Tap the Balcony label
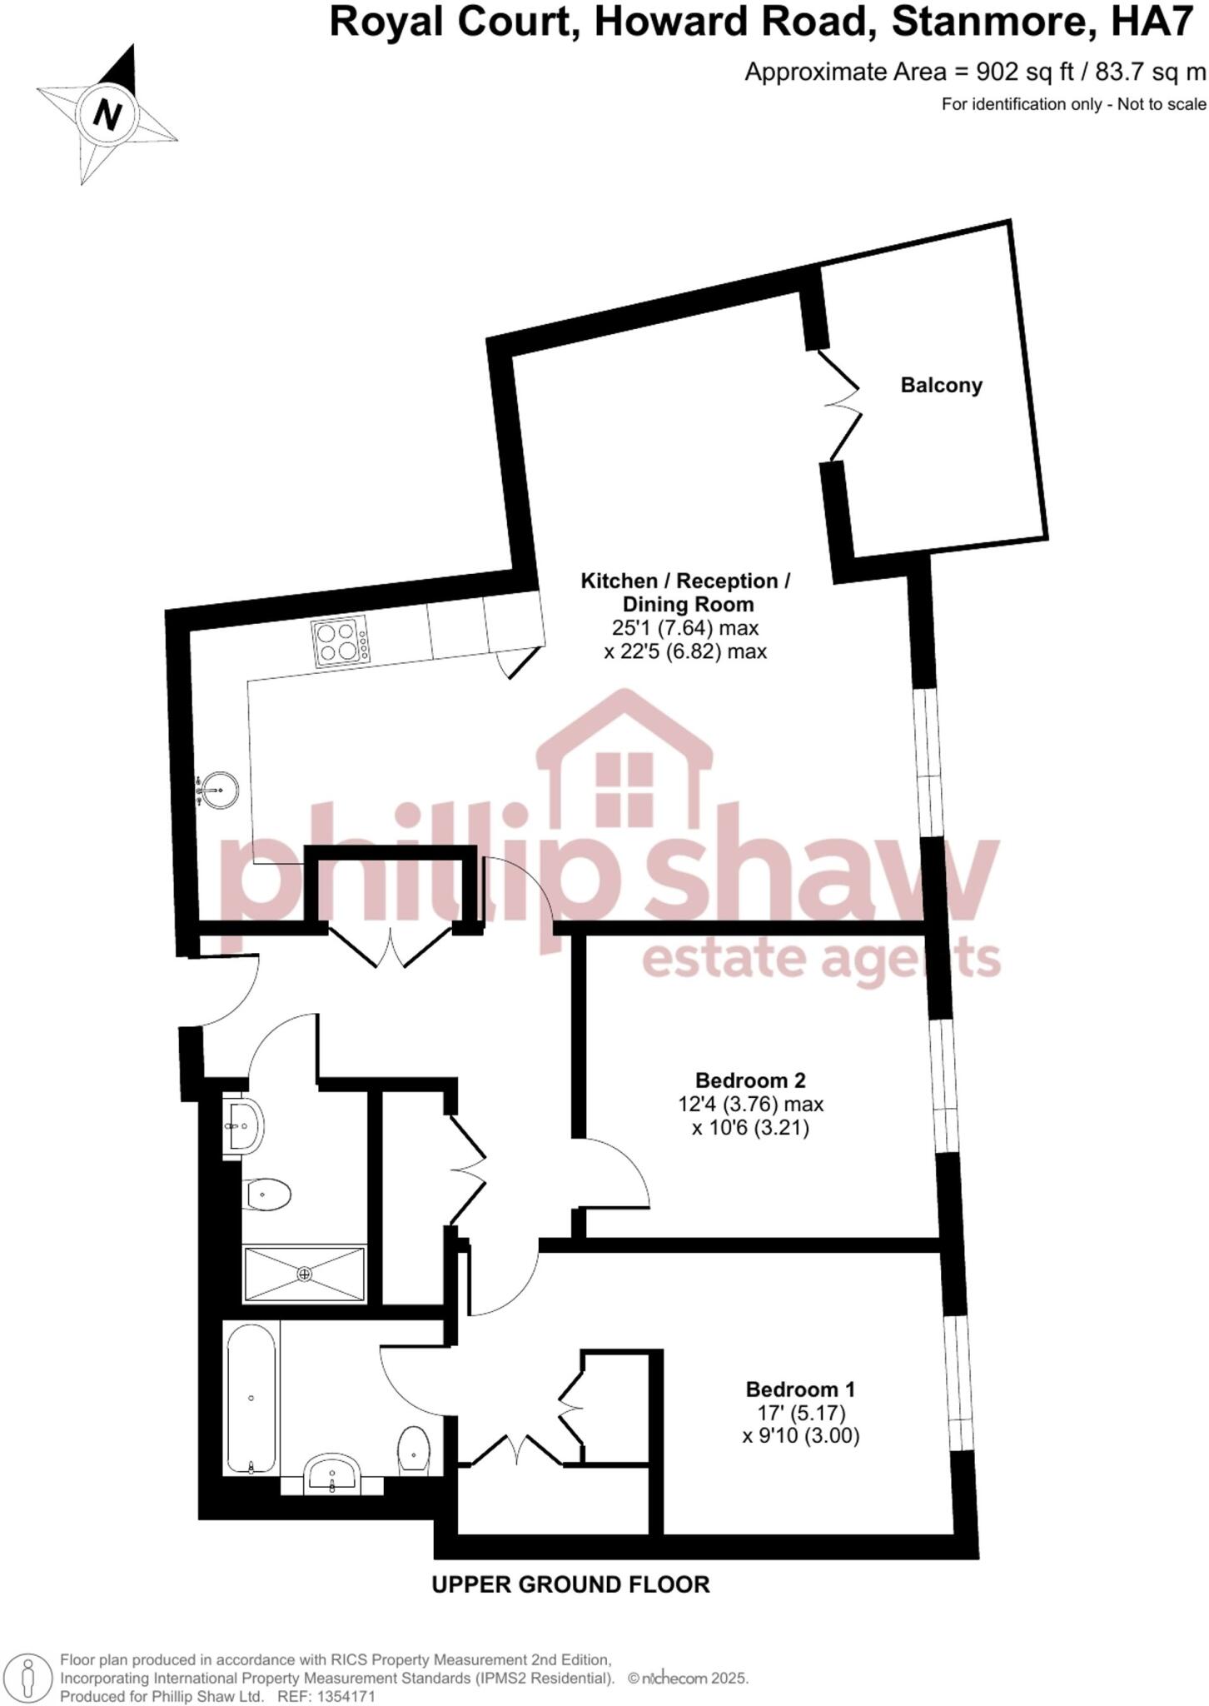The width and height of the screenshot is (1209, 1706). pyautogui.click(x=941, y=385)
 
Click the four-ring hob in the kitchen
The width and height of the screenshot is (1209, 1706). pyautogui.click(x=340, y=641)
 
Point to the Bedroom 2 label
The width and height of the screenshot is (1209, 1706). pyautogui.click(x=750, y=1080)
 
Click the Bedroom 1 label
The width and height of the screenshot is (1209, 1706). pyautogui.click(x=799, y=1389)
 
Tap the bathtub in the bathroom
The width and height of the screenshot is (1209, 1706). pyautogui.click(x=251, y=1398)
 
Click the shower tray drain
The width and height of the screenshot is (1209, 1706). pyautogui.click(x=305, y=1274)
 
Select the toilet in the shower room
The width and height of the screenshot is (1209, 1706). pyautogui.click(x=268, y=1195)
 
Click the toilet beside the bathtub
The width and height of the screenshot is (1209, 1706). pyautogui.click(x=414, y=1451)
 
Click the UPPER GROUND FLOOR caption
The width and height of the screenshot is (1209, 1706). pyautogui.click(x=570, y=1584)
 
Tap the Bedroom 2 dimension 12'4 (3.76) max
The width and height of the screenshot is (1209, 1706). pyautogui.click(x=750, y=1105)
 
